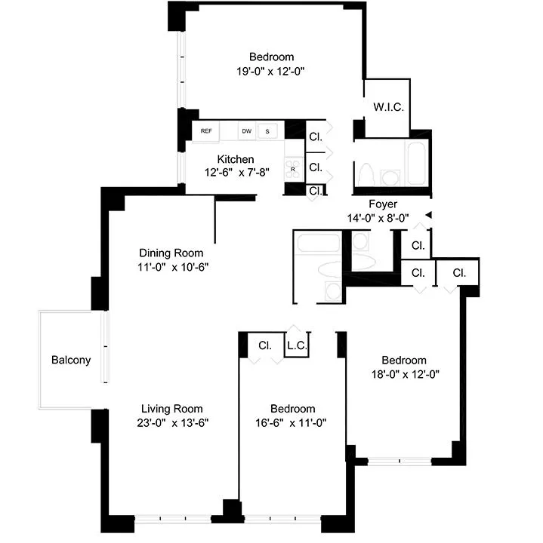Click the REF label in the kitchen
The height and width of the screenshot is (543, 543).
[x=205, y=131]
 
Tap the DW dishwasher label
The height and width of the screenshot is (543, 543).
[x=246, y=131]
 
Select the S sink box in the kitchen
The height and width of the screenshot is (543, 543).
[x=267, y=131]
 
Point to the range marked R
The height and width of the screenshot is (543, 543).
[x=293, y=169]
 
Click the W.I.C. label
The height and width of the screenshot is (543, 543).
[x=388, y=107]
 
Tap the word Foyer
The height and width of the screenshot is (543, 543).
[x=383, y=204]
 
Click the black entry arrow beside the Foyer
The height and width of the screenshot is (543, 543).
[x=428, y=216]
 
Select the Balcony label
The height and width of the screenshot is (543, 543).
[x=71, y=360]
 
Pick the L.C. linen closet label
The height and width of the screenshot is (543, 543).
[x=295, y=346]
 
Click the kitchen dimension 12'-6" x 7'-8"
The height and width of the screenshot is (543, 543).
[x=236, y=172]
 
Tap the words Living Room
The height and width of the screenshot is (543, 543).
[x=165, y=409]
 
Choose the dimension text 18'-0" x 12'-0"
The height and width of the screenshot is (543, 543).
[x=403, y=373]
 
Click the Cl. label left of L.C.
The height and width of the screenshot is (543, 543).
[x=264, y=346]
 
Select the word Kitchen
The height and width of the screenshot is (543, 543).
[x=236, y=159]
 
